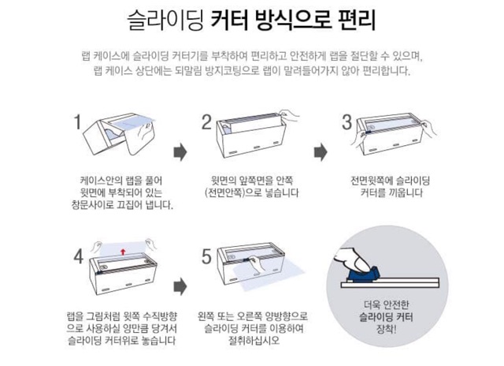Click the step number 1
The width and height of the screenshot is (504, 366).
click(77, 122)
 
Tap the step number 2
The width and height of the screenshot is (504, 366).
click(206, 122)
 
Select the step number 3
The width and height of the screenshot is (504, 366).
click(346, 122)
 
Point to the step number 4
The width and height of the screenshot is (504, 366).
click(79, 257)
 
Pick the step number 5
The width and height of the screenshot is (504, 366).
click(206, 257)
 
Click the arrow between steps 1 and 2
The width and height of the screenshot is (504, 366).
click(180, 152)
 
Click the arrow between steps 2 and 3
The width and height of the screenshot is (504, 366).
click(321, 152)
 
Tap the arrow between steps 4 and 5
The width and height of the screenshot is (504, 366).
click(180, 286)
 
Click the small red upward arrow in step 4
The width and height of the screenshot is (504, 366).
click(123, 252)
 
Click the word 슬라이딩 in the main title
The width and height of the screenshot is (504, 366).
click(165, 21)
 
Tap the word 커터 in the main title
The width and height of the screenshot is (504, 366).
click(230, 21)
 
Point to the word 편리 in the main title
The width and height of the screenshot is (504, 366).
click(357, 21)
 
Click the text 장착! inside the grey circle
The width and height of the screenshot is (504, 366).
click(386, 329)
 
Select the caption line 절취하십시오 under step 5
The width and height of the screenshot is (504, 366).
click(254, 341)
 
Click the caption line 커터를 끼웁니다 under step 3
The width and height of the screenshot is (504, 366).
click(391, 192)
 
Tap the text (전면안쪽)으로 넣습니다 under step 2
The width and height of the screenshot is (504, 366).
click(252, 192)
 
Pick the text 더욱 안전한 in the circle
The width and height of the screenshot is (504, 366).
click(386, 304)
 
